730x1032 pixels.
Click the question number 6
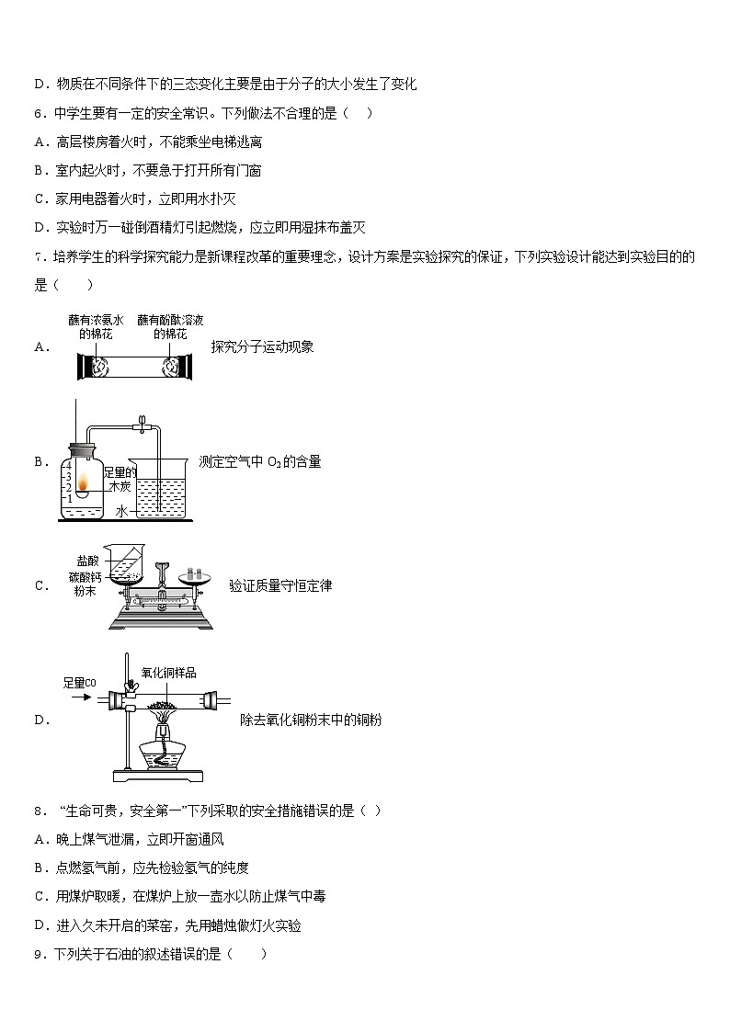pos(39,113)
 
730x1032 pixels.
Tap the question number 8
pos(39,811)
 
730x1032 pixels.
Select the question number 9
pos(39,955)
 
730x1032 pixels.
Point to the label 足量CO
pos(79,683)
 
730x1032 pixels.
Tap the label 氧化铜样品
pos(168,673)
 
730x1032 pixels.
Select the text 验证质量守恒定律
pos(280,585)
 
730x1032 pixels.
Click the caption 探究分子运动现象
pos(262,346)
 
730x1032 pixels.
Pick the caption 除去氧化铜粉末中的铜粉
pos(311,720)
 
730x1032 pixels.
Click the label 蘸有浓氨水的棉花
pos(95,326)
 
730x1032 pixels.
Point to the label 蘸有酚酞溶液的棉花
pos(170,326)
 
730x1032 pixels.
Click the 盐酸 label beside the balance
pos(87,560)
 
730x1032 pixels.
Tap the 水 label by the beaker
pos(120,510)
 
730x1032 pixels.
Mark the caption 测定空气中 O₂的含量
pos(260,462)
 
